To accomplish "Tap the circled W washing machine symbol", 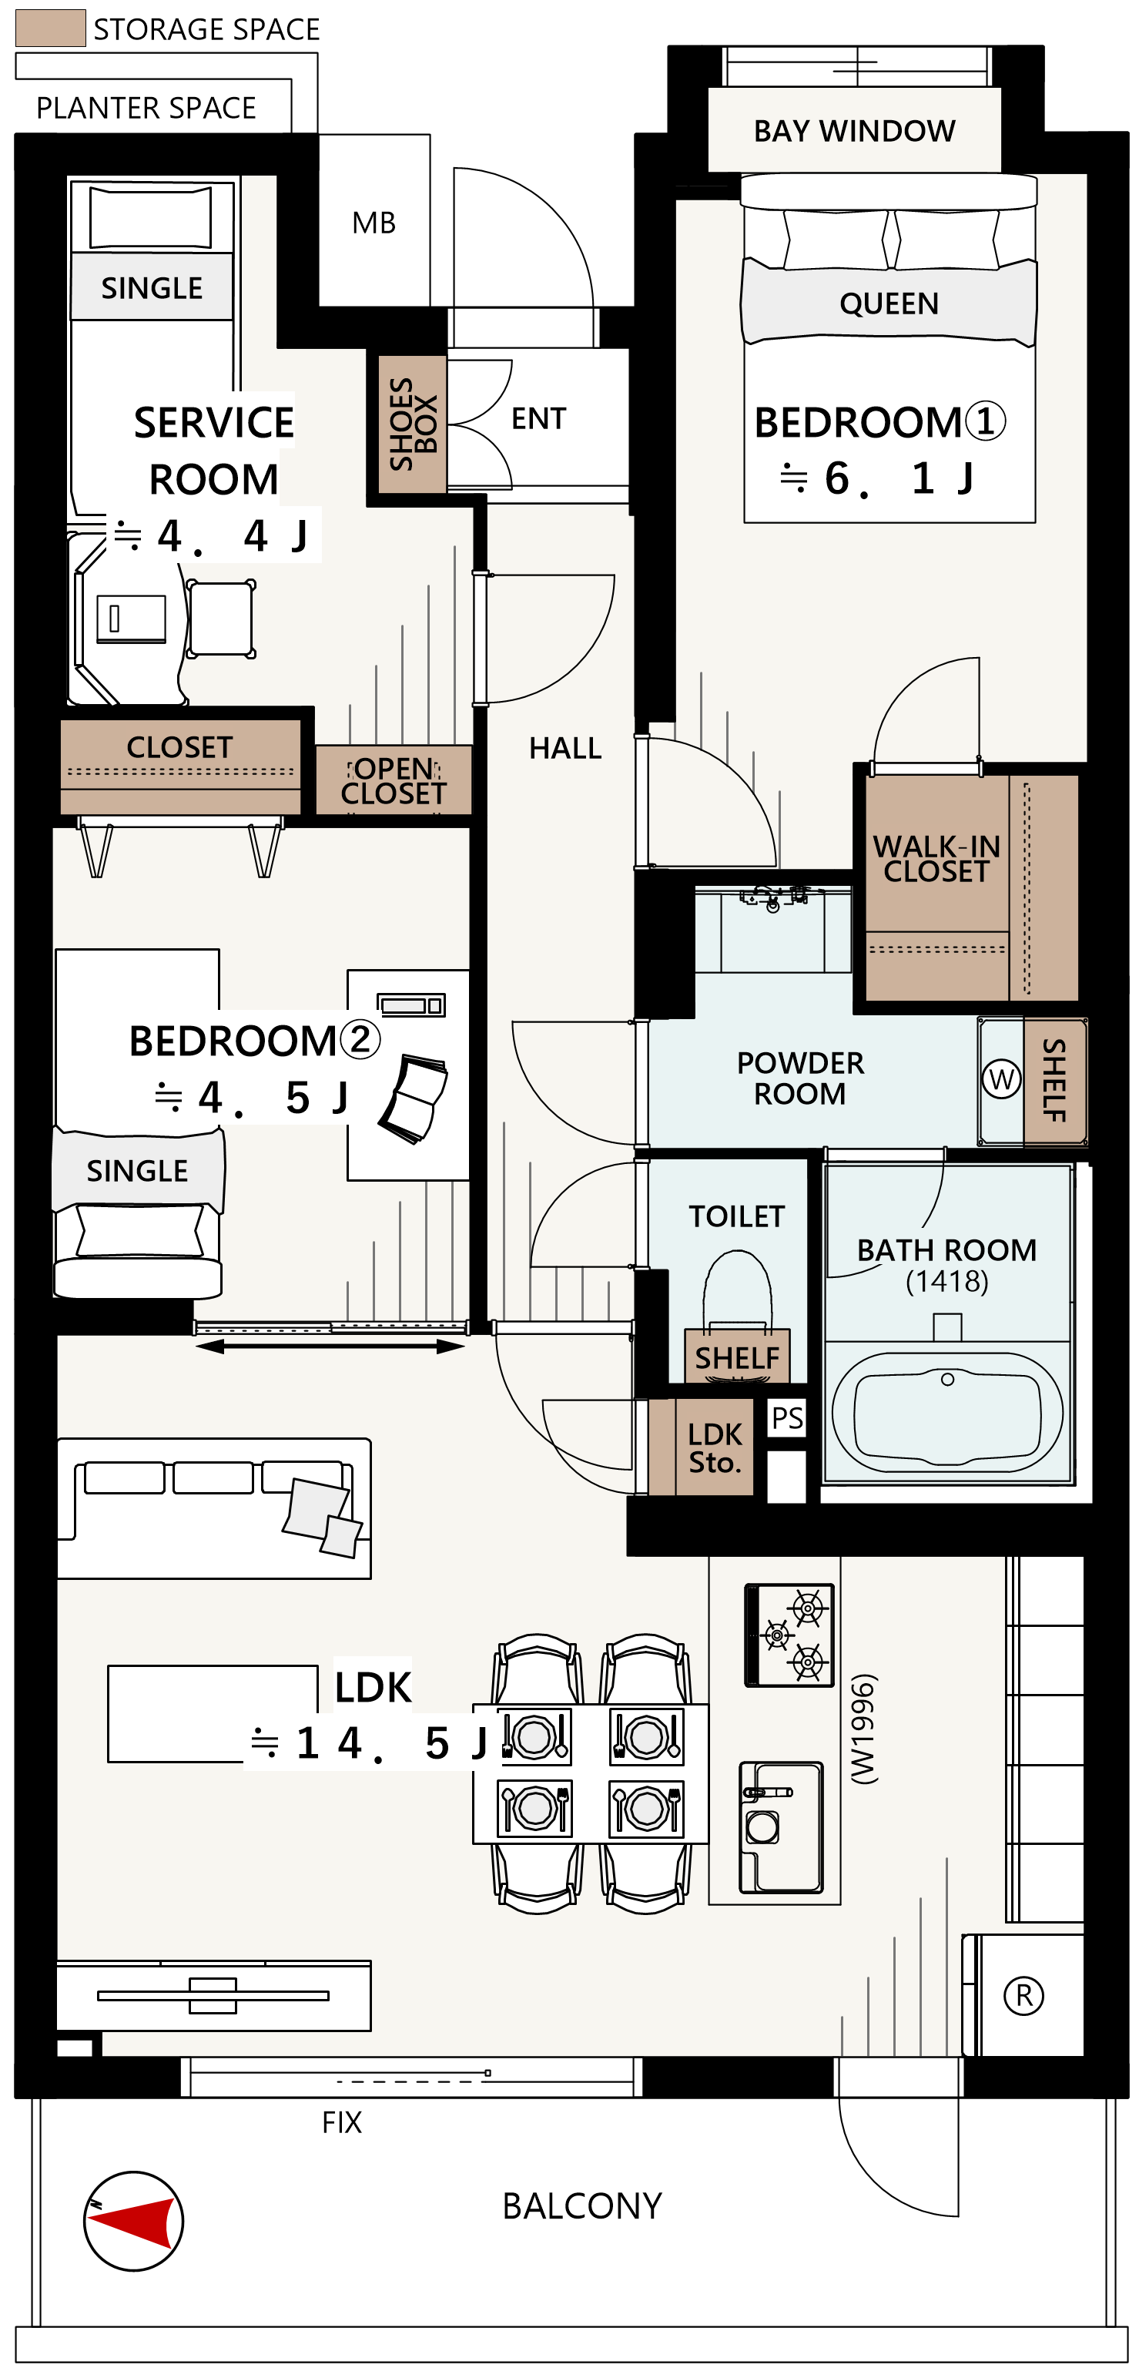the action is (x=1000, y=1079).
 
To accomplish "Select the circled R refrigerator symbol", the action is (x=1023, y=1996).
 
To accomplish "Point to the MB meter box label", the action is (x=374, y=223).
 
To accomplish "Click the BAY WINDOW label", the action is (x=854, y=131).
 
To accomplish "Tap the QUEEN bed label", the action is (x=889, y=304).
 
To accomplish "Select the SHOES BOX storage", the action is (x=412, y=424).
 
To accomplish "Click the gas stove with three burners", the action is (x=789, y=1635).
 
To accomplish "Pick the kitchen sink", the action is (x=781, y=1827).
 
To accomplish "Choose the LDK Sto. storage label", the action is (x=715, y=1447).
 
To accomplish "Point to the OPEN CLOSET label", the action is (x=394, y=781).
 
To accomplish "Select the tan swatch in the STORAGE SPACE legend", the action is (x=51, y=29).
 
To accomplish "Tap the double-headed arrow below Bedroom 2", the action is (x=330, y=1347).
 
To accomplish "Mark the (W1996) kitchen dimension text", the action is (x=863, y=1729).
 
